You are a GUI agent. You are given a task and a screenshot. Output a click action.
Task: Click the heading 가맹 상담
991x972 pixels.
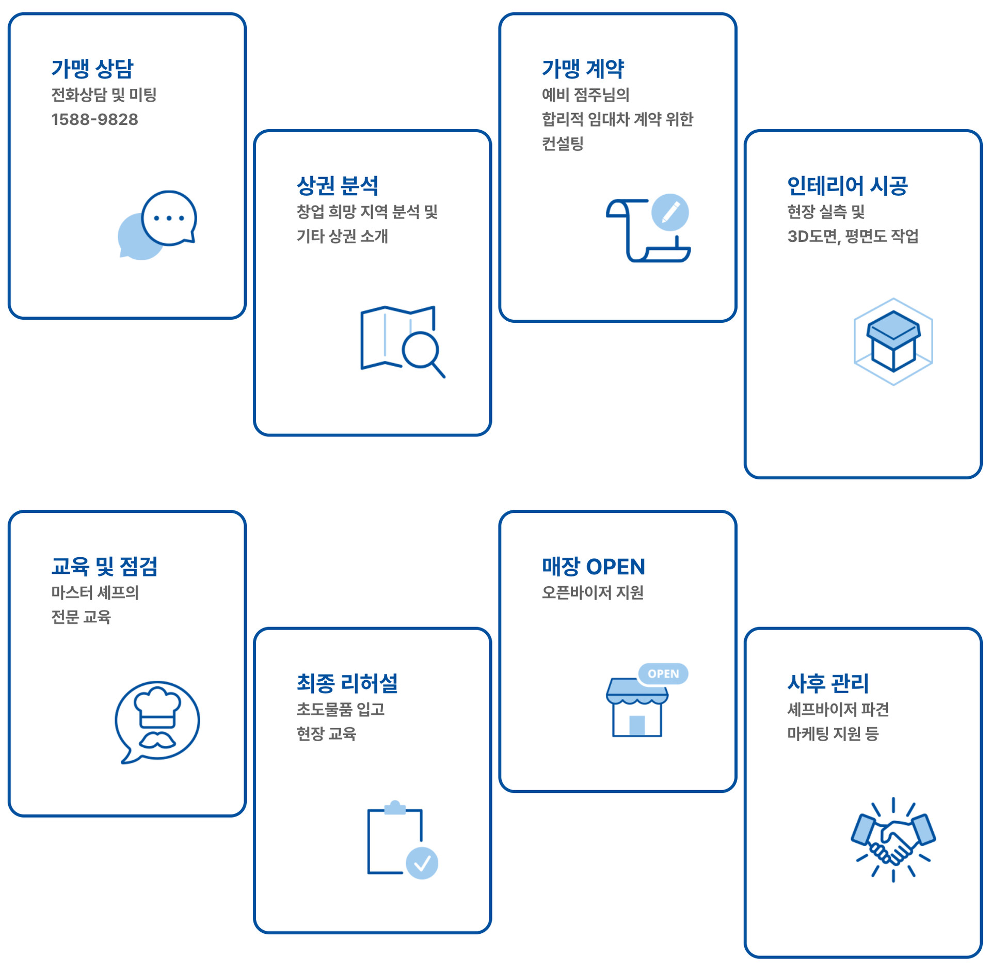(x=92, y=69)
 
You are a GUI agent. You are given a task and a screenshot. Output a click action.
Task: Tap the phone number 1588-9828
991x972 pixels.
(x=94, y=119)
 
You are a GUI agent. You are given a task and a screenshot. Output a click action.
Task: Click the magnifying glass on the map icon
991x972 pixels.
(x=421, y=350)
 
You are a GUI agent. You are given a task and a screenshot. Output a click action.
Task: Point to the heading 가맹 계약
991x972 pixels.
(x=583, y=69)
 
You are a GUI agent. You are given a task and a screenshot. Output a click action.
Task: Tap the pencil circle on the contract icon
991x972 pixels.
(x=669, y=212)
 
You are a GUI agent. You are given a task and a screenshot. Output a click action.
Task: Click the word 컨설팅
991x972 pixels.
(x=562, y=143)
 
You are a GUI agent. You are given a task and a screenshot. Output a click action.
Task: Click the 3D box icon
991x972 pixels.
(x=893, y=341)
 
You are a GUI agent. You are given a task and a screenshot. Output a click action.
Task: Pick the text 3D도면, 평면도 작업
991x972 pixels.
(x=853, y=236)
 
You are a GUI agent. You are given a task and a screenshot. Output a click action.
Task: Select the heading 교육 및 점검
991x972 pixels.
(x=104, y=566)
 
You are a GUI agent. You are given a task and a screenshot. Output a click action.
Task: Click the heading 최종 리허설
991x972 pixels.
(x=347, y=683)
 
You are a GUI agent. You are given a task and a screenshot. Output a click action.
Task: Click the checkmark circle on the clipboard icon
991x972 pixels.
(x=422, y=863)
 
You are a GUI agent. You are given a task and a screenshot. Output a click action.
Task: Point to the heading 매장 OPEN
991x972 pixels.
(x=593, y=566)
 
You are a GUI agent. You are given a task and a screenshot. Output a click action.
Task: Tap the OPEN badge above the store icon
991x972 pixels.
(x=663, y=673)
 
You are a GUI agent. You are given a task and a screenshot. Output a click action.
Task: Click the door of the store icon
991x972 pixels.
(x=637, y=725)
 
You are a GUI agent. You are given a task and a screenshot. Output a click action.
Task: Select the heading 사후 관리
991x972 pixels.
(x=828, y=683)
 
